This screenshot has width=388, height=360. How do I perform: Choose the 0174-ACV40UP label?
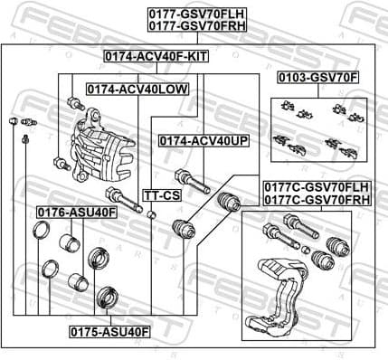coord(203,141)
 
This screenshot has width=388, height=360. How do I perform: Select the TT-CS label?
coord(162,195)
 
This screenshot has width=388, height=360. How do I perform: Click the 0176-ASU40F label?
coord(76,212)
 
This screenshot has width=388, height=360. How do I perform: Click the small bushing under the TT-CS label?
coord(153,214)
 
